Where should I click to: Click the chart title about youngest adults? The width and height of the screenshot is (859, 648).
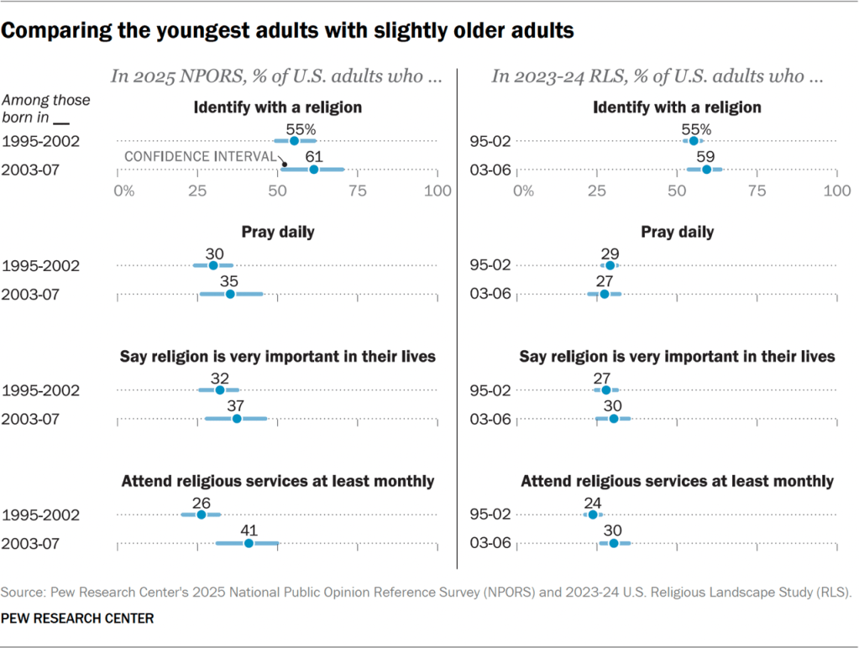(288, 32)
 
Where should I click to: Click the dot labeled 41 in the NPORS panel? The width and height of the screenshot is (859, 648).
(249, 544)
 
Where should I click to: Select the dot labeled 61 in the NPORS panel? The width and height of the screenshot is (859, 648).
(313, 170)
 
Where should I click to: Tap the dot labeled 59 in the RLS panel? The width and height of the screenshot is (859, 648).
(706, 170)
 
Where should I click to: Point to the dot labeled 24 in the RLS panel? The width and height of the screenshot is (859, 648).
(593, 515)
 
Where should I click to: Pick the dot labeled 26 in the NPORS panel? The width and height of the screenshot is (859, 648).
(202, 515)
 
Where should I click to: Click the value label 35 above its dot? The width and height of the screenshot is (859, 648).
(229, 280)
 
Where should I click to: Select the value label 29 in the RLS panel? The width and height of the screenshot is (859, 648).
(610, 251)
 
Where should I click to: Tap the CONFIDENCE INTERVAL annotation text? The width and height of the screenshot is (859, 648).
(201, 157)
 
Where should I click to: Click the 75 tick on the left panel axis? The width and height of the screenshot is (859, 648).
(358, 191)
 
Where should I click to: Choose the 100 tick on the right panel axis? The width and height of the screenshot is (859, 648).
(836, 191)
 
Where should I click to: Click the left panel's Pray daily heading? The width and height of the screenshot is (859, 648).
(277, 232)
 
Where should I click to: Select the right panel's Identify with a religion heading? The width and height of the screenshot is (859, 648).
(677, 107)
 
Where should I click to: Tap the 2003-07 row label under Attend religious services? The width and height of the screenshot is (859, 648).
(31, 544)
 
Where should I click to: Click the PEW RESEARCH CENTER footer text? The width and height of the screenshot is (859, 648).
(76, 619)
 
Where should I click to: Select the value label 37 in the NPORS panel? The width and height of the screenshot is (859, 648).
(236, 404)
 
